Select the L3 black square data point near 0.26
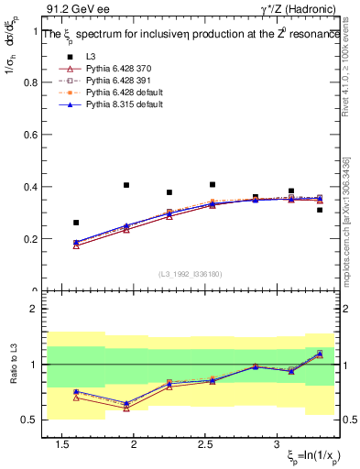(x=76, y=223)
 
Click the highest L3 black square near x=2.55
(x=213, y=184)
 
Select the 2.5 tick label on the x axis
(x=206, y=444)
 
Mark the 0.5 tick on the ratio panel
(x=27, y=420)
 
